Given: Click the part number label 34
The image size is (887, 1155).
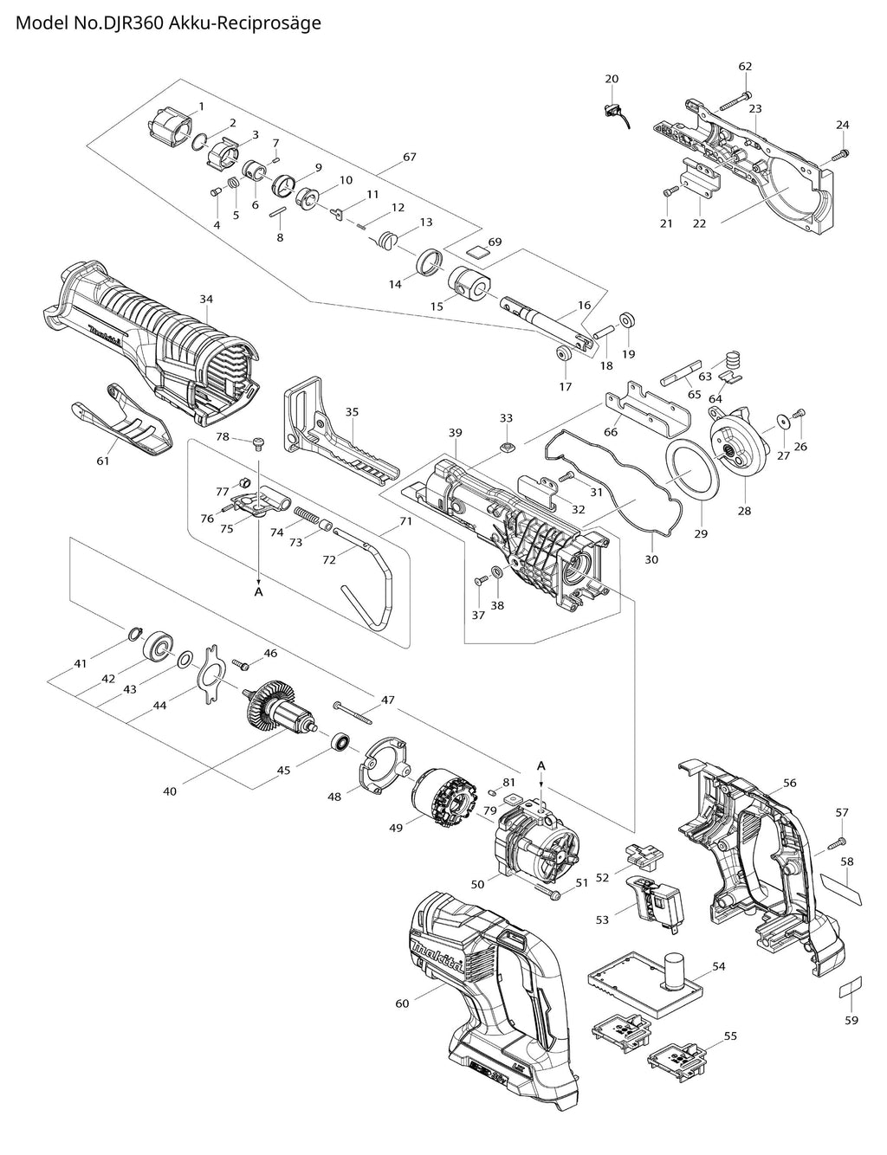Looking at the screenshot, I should pos(205,299).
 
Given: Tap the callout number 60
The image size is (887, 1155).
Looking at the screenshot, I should pos(402,1003).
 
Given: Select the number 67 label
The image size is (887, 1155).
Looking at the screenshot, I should pos(410,157).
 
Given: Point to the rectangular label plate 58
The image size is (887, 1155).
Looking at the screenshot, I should pos(839,887).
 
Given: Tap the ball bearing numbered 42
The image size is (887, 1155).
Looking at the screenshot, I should pos(159,645).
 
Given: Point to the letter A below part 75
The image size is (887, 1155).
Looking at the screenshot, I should pos(257,591).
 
